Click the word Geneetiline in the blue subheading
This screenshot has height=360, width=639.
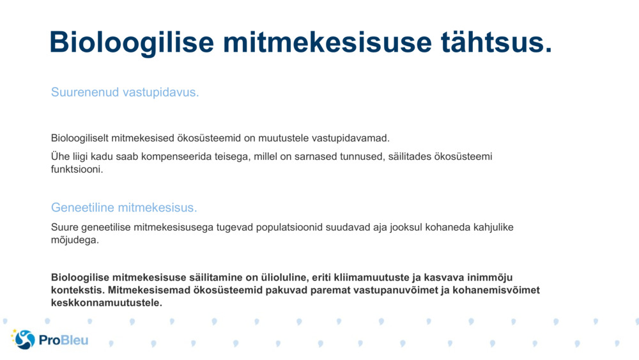[82, 208]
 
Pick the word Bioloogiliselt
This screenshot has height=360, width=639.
[80, 138]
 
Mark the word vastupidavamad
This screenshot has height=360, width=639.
[354, 138]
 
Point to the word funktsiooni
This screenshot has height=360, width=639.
[76, 169]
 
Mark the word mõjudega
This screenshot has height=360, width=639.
[74, 240]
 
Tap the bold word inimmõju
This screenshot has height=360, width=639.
[491, 278]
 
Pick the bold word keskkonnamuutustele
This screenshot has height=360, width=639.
[105, 302]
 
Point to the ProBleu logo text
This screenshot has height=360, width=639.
[64, 340]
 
